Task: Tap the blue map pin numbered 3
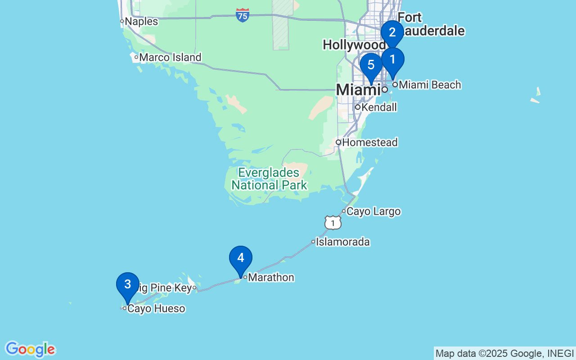[x=127, y=285]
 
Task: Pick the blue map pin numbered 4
[x=241, y=258]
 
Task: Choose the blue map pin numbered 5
[x=371, y=65]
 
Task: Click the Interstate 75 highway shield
[x=243, y=15]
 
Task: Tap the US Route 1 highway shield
[x=333, y=222]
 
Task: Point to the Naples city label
[x=141, y=21]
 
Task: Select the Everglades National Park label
[x=269, y=179]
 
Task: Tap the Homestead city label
[x=370, y=143]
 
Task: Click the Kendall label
[x=379, y=108]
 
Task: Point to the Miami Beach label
[x=430, y=85]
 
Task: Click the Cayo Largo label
[x=373, y=211]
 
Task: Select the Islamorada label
[x=342, y=242]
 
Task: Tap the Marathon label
[x=271, y=278]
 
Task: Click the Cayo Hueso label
[x=156, y=309]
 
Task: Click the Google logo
[x=30, y=349]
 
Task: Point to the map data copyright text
[x=504, y=353]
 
